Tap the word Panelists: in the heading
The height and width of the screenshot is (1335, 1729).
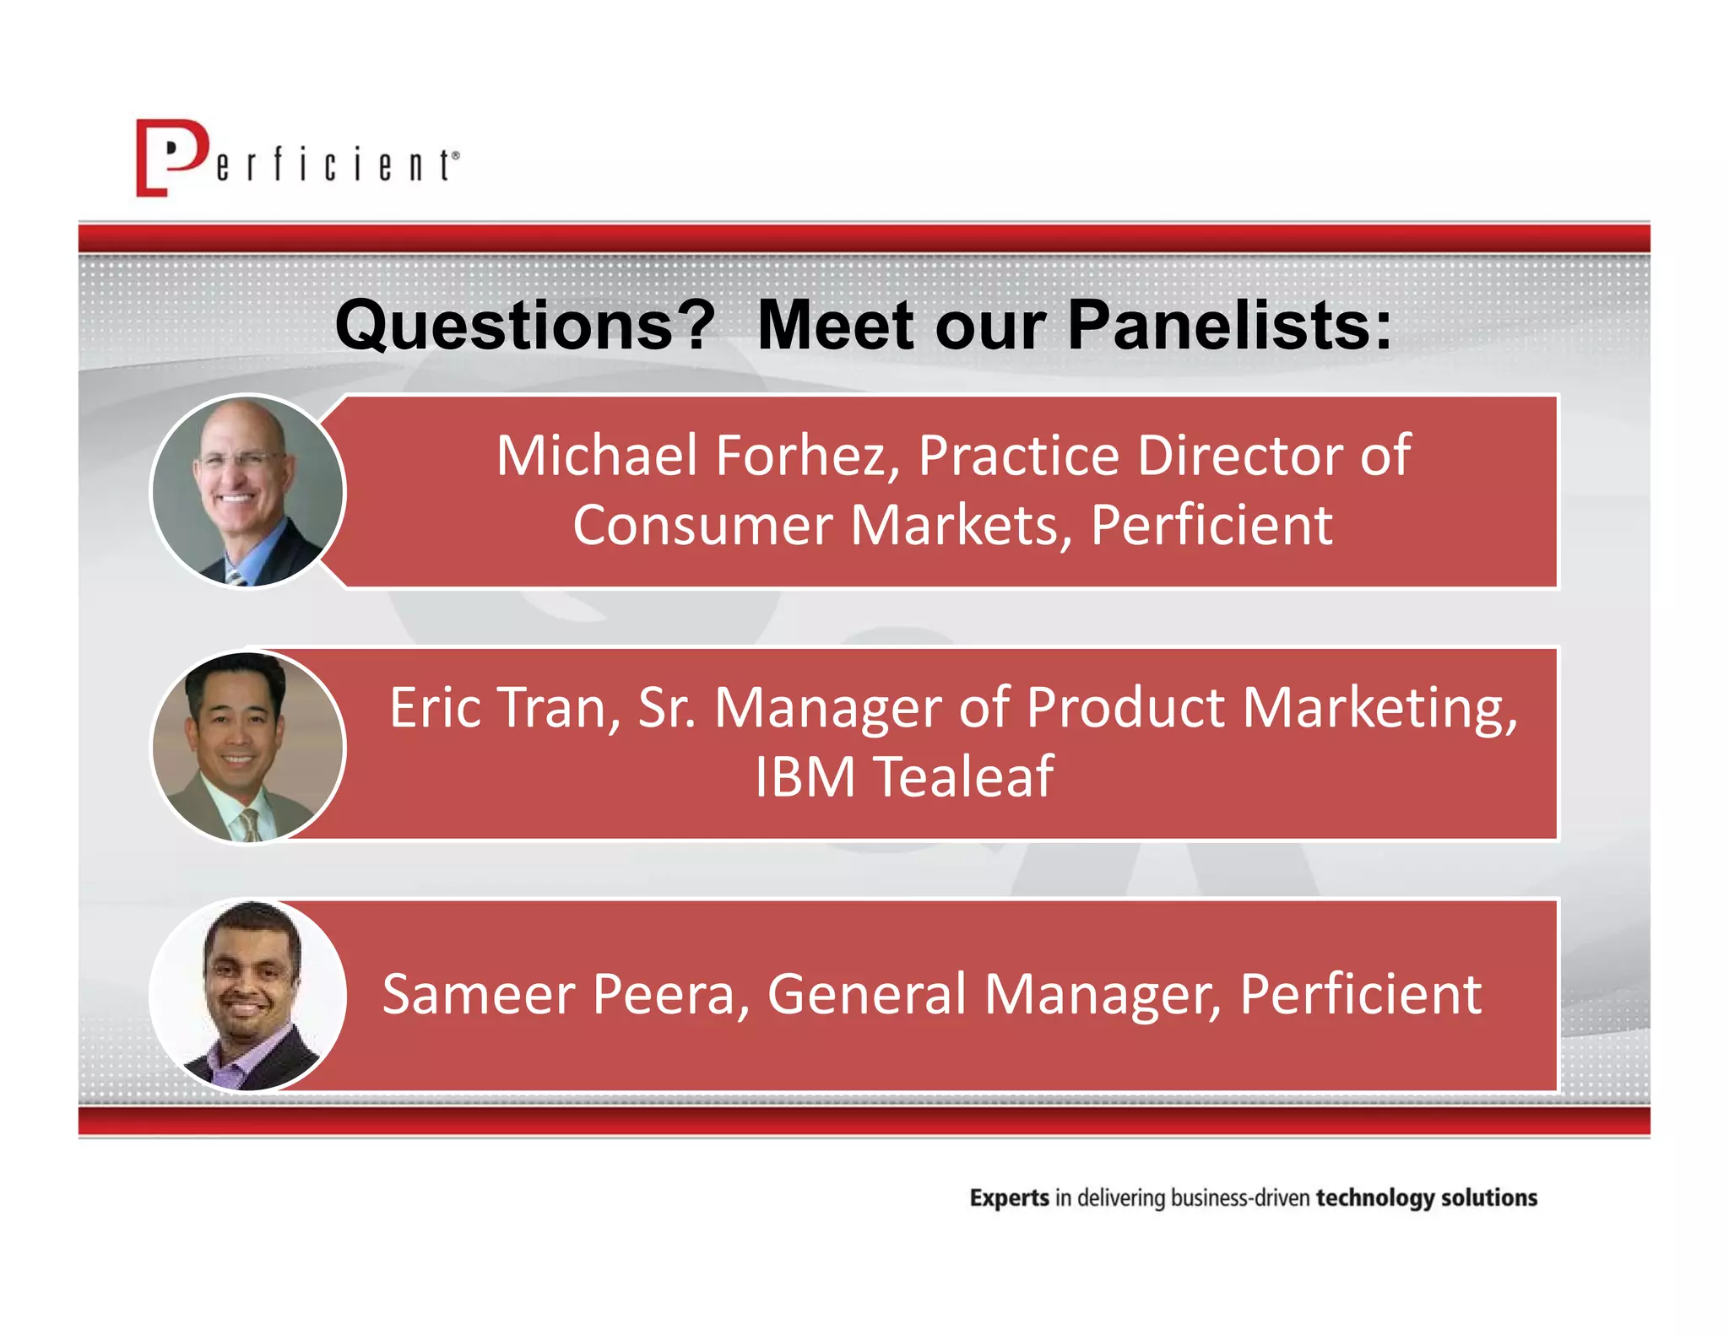1229,325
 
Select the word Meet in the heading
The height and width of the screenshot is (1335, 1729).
835,325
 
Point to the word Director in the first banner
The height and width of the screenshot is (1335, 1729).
1240,456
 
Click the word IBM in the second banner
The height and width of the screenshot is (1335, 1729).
805,776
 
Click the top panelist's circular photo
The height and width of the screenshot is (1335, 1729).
248,491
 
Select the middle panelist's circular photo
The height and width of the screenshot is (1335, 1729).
248,747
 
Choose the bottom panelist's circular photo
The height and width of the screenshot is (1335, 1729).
248,996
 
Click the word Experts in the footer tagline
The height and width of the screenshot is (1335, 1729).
1009,1198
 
